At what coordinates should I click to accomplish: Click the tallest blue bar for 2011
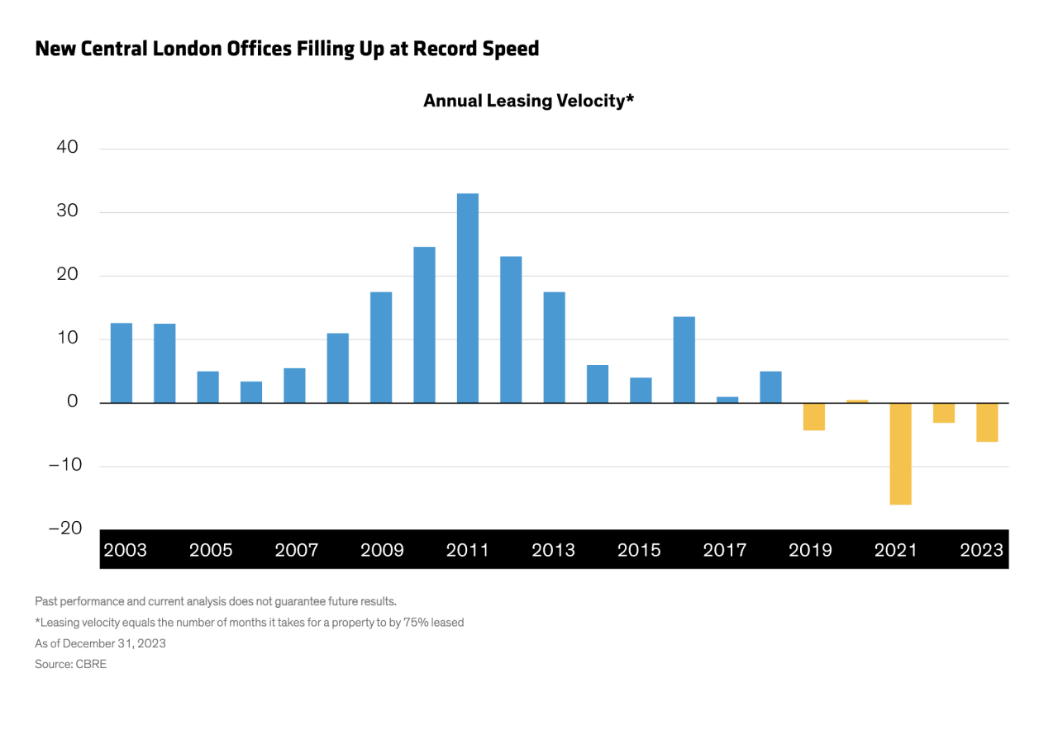(468, 298)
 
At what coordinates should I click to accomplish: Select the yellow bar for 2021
(900, 454)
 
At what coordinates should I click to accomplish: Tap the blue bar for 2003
(122, 363)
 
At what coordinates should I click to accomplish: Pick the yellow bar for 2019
(814, 417)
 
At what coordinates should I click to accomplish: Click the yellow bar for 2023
(987, 422)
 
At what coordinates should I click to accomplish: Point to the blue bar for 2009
(381, 348)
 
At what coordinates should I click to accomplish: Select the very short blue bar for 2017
(727, 401)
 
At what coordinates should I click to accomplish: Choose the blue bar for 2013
(554, 348)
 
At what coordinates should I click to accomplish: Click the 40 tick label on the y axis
(67, 147)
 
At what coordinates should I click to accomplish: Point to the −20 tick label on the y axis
(65, 528)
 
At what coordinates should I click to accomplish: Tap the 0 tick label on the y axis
(72, 401)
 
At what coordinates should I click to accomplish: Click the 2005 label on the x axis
(211, 550)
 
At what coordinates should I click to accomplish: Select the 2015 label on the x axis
(639, 550)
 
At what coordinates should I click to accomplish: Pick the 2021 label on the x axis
(895, 550)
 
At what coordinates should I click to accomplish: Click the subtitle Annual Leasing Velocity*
(528, 101)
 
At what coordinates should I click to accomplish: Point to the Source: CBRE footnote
(71, 664)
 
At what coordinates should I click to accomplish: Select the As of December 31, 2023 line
(101, 643)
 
